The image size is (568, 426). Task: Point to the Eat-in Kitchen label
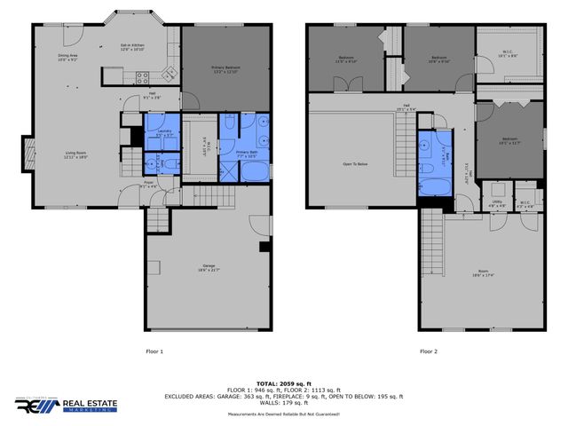[132, 48]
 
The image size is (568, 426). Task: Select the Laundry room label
[163, 133]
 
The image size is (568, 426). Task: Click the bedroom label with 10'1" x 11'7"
[509, 139]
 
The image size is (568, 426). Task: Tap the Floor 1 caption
[154, 352]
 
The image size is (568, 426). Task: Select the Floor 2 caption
[429, 352]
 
